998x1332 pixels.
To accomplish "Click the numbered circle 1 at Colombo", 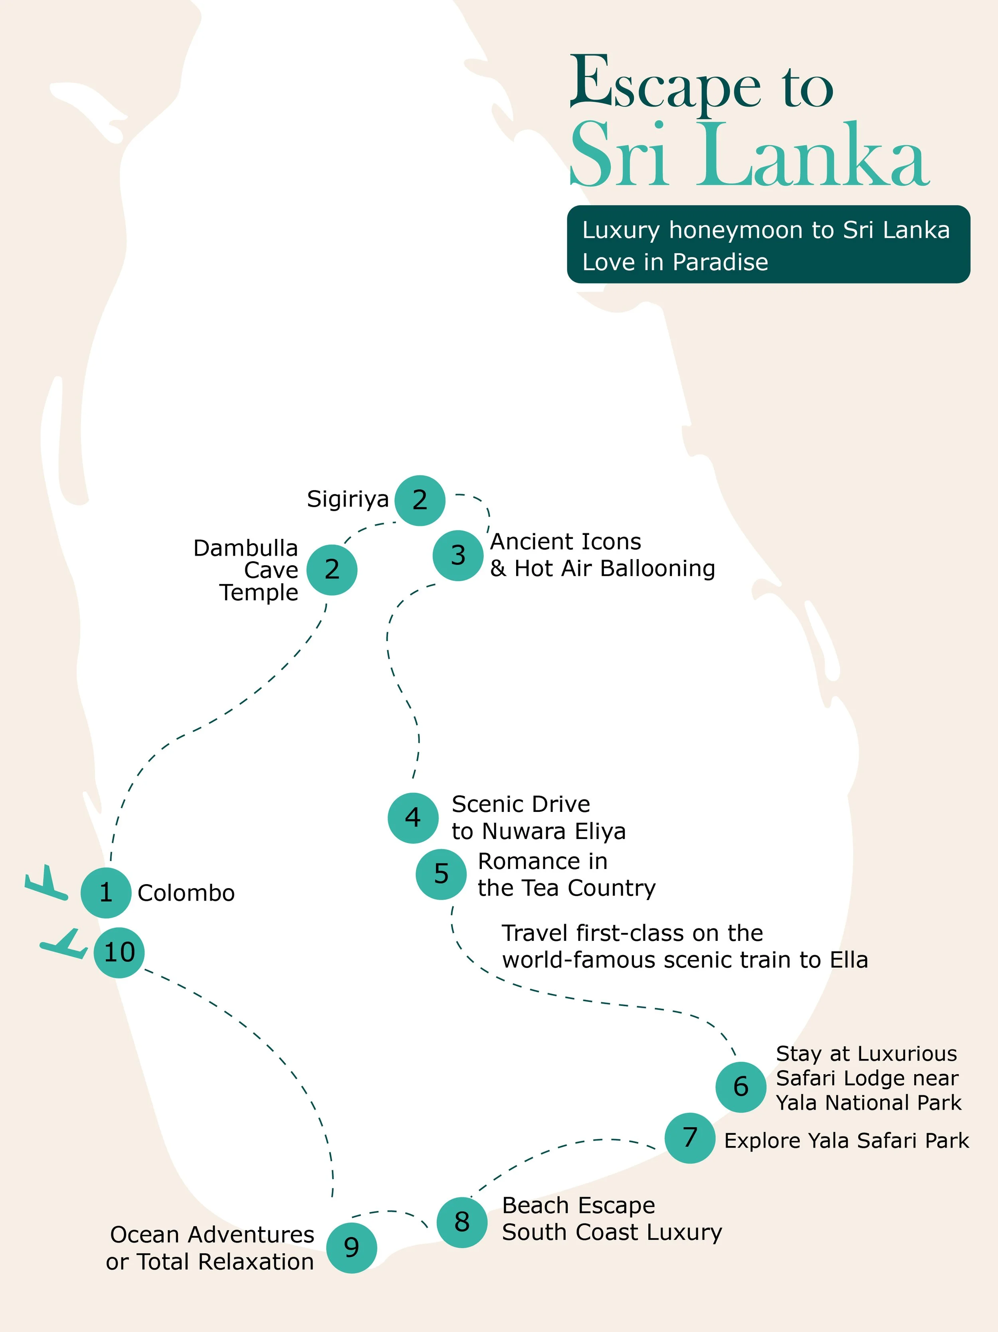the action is (106, 893).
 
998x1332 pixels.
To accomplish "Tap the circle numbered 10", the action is (119, 952).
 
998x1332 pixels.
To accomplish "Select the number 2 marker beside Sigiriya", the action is (420, 500).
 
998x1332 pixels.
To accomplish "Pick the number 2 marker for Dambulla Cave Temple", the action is (332, 570).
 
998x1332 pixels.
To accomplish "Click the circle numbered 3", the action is (458, 555).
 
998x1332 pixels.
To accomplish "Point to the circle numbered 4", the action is (412, 818).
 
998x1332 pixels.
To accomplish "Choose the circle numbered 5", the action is (441, 874).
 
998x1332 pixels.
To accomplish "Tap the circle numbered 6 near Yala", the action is (741, 1087).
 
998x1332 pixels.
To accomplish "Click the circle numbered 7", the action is (690, 1138).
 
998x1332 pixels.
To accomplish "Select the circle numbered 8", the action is (462, 1222).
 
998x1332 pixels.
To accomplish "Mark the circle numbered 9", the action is (352, 1248).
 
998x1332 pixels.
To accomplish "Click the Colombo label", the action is (186, 893).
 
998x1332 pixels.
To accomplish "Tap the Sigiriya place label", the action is (348, 499).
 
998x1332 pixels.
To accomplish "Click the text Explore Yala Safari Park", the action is (846, 1140).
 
